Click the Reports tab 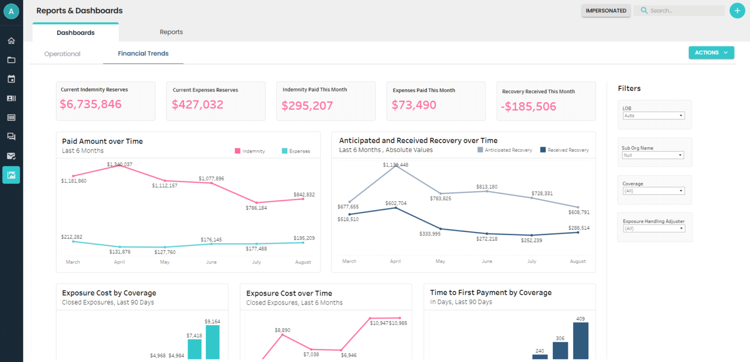[171, 32]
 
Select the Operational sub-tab [62, 54]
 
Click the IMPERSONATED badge [606, 11]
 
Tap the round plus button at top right [737, 11]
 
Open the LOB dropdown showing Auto [654, 116]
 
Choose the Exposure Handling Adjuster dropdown [654, 229]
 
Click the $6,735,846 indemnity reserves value [91, 104]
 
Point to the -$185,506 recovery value [528, 106]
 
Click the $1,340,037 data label [119, 164]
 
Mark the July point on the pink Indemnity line [257, 202]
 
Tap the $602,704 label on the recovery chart [395, 203]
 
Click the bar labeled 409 [581, 341]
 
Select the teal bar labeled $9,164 [213, 343]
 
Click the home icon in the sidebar [11, 41]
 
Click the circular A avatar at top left [11, 11]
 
